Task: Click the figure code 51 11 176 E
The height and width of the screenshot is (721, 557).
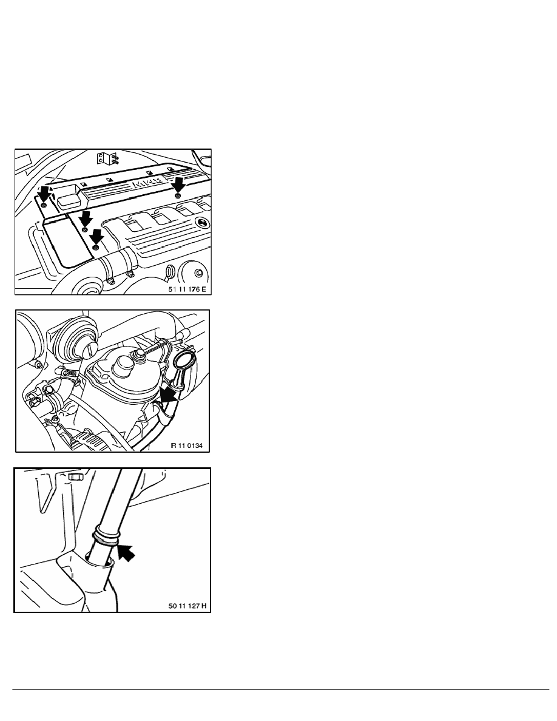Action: (x=187, y=289)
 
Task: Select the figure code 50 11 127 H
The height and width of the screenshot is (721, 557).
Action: (x=187, y=606)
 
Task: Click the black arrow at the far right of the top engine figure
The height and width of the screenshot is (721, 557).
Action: (x=178, y=186)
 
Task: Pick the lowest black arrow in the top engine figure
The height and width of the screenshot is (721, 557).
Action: (x=96, y=237)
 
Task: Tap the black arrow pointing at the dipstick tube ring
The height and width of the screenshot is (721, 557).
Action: (x=126, y=552)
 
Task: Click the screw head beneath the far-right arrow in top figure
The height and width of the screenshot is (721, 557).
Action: (x=178, y=197)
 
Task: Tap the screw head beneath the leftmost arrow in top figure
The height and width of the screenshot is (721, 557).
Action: (x=43, y=205)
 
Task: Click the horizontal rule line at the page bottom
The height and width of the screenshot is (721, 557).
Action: (x=281, y=689)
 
